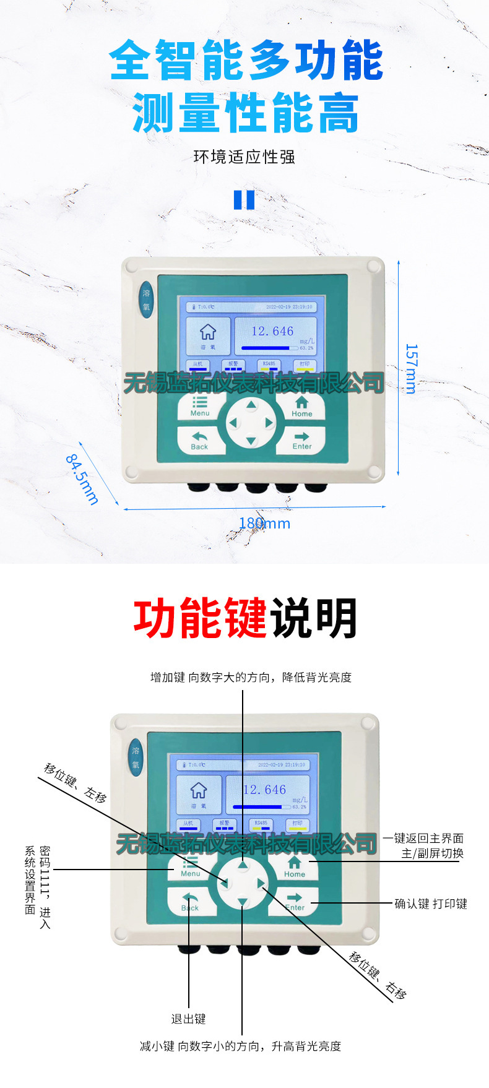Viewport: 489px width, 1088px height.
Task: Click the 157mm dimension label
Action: [410, 369]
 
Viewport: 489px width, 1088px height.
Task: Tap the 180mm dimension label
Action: [264, 524]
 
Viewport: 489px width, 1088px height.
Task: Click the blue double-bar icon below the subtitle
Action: [244, 200]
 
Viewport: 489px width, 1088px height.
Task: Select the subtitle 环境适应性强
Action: [244, 157]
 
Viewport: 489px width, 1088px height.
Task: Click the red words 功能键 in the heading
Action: [200, 618]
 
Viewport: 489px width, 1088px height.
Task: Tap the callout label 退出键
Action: [188, 1019]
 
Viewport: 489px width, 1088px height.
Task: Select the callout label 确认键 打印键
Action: [431, 904]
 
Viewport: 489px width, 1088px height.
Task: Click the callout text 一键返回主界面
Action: [423, 839]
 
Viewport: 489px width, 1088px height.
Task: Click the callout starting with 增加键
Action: [251, 677]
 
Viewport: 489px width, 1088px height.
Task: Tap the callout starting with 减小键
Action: [240, 1046]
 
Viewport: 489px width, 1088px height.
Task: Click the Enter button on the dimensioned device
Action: [301, 441]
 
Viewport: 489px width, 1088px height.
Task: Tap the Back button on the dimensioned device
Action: [199, 441]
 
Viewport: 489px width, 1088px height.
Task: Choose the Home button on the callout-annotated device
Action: [295, 866]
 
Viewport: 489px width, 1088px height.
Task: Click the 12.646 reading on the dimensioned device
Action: [272, 332]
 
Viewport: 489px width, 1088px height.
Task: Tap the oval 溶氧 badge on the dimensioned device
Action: [146, 301]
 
